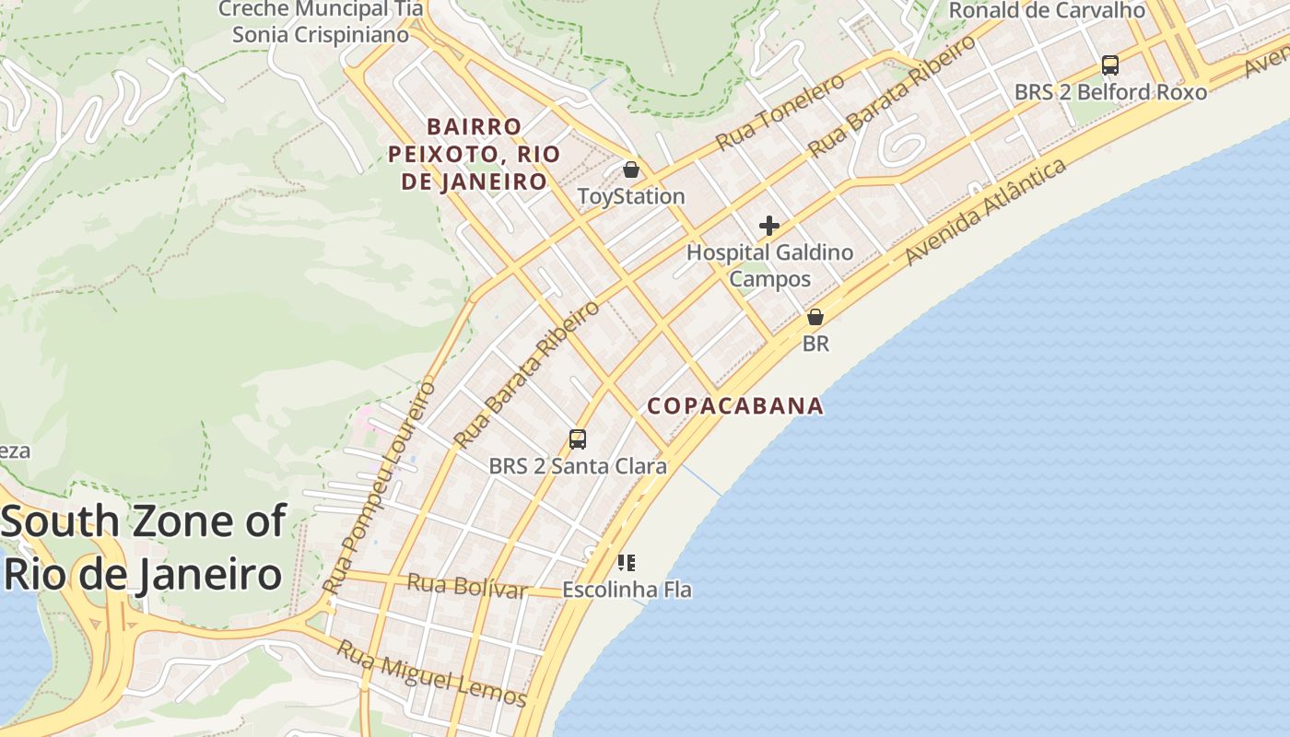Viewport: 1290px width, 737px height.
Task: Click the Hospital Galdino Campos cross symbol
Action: click(x=768, y=226)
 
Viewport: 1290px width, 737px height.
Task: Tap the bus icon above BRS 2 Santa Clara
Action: click(x=578, y=439)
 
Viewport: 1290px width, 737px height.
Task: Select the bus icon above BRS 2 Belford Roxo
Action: click(x=1110, y=65)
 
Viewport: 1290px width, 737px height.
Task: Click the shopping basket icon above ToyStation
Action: click(x=631, y=170)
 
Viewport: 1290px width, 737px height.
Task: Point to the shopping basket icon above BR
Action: click(x=815, y=317)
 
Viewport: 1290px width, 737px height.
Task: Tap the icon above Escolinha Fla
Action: click(x=627, y=562)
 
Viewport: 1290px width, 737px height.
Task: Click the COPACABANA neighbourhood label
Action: click(x=735, y=406)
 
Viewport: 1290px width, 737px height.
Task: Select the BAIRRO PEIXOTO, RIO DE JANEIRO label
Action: click(x=475, y=154)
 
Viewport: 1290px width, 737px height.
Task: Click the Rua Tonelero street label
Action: click(x=780, y=112)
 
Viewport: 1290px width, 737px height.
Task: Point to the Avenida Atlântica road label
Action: click(x=987, y=211)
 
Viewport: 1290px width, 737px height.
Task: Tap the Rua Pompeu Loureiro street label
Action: click(x=380, y=487)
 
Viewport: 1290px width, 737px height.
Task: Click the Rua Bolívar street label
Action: click(x=467, y=585)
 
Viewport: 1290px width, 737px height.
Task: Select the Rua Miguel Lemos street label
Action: click(x=431, y=673)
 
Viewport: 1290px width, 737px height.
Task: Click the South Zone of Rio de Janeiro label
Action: click(x=143, y=548)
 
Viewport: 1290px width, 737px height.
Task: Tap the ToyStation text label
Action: click(x=631, y=196)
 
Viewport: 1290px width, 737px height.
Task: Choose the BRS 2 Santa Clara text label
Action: click(x=578, y=466)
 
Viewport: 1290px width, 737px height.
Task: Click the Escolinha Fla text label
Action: click(x=627, y=590)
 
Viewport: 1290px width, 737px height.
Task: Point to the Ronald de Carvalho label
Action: click(x=1047, y=11)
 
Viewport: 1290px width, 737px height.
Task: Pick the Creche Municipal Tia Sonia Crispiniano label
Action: click(x=321, y=22)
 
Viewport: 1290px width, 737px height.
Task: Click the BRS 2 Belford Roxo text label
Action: click(x=1110, y=92)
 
